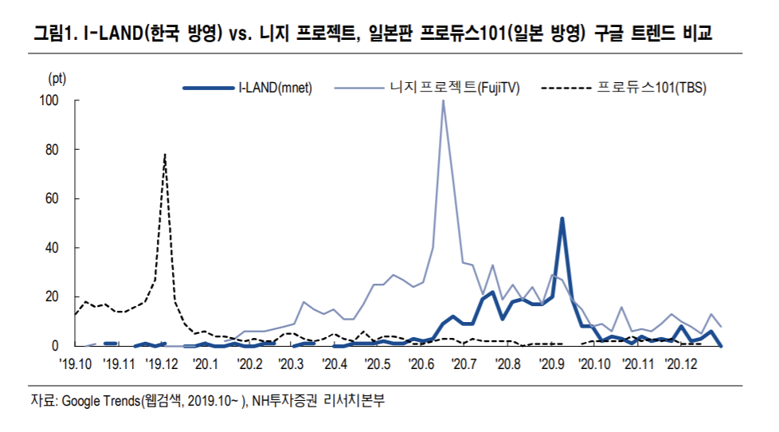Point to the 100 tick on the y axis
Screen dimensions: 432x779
[49, 100]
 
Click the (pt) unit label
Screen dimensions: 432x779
[57, 78]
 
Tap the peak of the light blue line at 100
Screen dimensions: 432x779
[443, 100]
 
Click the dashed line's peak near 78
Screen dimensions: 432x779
[165, 155]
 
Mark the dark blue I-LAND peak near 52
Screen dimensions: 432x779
[562, 218]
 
